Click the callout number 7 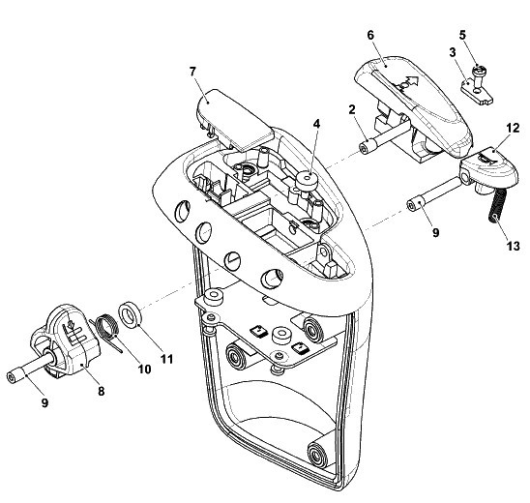[x=192, y=72]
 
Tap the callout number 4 [x=316, y=124]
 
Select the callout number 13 [x=513, y=246]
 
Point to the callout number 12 [x=513, y=128]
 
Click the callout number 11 [x=166, y=359]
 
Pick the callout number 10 [x=144, y=370]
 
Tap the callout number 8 [x=101, y=391]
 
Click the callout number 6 [x=370, y=35]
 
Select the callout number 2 [x=352, y=109]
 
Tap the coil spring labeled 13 [x=496, y=205]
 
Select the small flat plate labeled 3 [x=477, y=90]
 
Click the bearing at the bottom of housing [x=318, y=455]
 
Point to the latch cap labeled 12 [x=488, y=168]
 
